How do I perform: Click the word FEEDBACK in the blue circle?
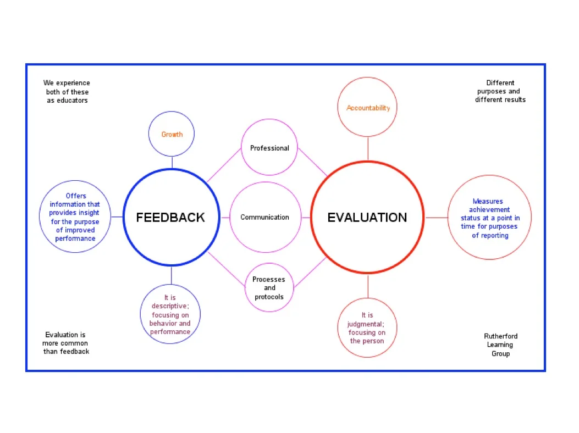pyautogui.click(x=170, y=218)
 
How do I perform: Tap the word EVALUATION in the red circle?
pyautogui.click(x=367, y=218)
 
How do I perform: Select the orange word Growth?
pyautogui.click(x=172, y=135)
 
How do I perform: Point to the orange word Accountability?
pyautogui.click(x=368, y=108)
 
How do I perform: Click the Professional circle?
pyautogui.click(x=269, y=148)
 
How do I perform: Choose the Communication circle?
pyautogui.click(x=264, y=217)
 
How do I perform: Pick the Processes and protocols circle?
pyautogui.click(x=269, y=288)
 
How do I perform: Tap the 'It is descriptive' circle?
pyautogui.click(x=170, y=315)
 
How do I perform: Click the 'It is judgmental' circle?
pyautogui.click(x=367, y=328)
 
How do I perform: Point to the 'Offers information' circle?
pyautogui.click(x=75, y=217)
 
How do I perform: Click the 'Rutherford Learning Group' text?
pyautogui.click(x=500, y=345)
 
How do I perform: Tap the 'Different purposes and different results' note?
pyautogui.click(x=500, y=91)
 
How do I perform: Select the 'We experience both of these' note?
pyautogui.click(x=67, y=92)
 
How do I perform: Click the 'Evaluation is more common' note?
pyautogui.click(x=66, y=343)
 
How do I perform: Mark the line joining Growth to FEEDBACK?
pyautogui.click(x=172, y=162)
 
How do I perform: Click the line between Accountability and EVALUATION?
pyautogui.click(x=368, y=148)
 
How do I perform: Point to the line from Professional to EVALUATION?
pyautogui.click(x=312, y=162)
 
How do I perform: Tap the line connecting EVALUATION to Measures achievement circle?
pyautogui.click(x=436, y=218)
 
